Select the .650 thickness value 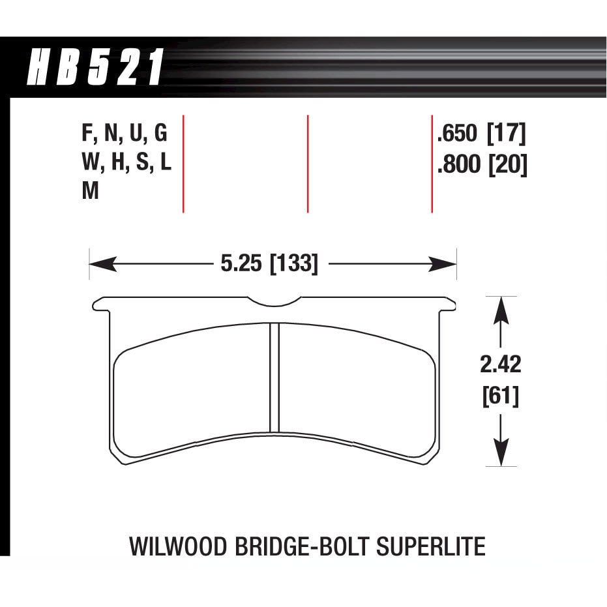tap(458, 134)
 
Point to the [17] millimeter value tap(507, 134)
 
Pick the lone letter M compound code tap(91, 192)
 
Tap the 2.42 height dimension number tap(501, 365)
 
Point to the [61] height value tap(501, 396)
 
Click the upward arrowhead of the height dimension tap(500, 308)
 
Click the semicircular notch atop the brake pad tap(274, 301)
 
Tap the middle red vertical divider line tap(307, 164)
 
